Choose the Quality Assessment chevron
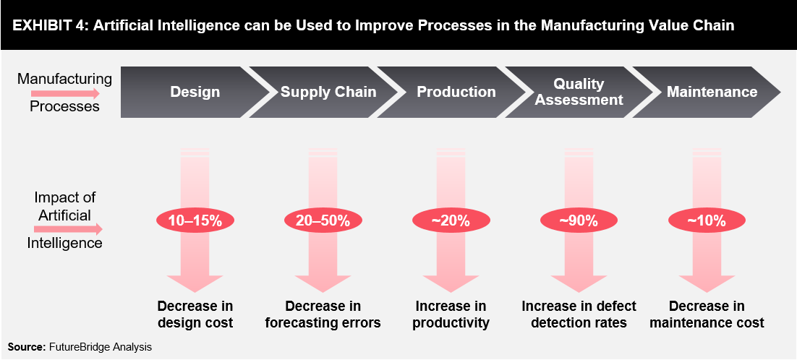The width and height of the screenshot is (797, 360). [579, 92]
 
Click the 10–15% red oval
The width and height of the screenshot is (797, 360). [195, 221]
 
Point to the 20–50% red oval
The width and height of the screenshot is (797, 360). [323, 221]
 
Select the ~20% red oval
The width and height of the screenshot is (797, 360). [451, 221]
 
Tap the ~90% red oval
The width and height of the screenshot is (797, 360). [579, 221]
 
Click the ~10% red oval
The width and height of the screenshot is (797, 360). [707, 221]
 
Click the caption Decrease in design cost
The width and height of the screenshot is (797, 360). [195, 314]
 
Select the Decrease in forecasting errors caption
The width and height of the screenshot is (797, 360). [323, 314]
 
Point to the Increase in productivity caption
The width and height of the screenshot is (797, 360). [451, 314]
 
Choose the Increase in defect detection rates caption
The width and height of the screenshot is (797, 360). [579, 314]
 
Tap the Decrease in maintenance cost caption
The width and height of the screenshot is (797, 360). [707, 314]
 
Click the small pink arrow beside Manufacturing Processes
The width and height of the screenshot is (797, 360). [66, 93]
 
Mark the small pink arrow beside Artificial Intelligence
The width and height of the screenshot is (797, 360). [66, 229]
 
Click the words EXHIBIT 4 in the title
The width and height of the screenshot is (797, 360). [41, 25]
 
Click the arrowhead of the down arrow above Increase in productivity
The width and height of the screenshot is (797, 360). [451, 283]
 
